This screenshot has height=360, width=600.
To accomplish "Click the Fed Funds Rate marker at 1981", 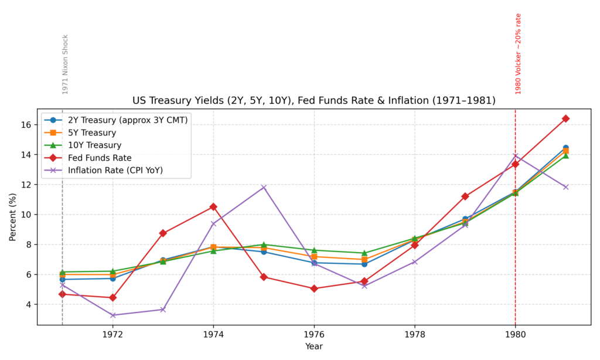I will (x=565, y=118).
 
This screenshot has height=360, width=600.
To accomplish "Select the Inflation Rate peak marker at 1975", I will (x=264, y=187).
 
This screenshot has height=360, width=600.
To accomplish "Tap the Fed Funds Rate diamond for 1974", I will (x=213, y=207).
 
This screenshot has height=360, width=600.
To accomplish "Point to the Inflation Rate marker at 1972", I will (x=112, y=315).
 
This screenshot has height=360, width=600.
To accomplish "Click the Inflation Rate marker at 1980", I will (x=515, y=156).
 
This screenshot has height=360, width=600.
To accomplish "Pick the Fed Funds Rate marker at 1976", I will (x=314, y=288).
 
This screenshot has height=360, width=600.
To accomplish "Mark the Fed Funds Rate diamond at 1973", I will (x=163, y=233).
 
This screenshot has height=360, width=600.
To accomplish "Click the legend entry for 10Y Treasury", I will (x=94, y=145).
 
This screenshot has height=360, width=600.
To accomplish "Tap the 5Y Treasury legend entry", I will (x=93, y=133).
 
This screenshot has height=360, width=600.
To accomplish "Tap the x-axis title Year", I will (x=314, y=347).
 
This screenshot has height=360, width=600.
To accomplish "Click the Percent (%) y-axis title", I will (x=13, y=217).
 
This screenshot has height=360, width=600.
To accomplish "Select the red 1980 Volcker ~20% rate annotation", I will (x=518, y=54).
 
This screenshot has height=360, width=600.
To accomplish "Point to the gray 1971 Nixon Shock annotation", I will (x=65, y=64).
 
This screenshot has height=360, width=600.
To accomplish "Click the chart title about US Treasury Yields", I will (x=314, y=100).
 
